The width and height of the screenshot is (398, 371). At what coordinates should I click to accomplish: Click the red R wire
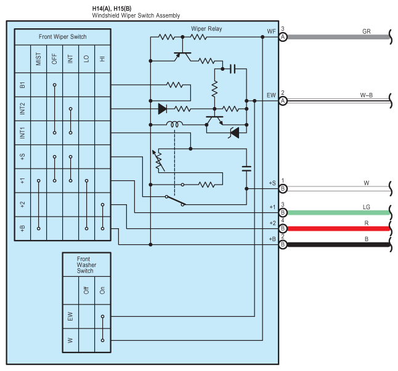(x=338, y=229)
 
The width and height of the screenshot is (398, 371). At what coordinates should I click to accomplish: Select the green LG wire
(x=338, y=213)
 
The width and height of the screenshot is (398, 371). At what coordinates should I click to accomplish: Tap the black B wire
(x=338, y=245)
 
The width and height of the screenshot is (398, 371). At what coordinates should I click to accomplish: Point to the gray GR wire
(x=338, y=38)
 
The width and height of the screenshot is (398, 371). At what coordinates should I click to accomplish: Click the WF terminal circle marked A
(x=283, y=38)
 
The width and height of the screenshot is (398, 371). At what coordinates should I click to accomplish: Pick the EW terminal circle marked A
(x=283, y=101)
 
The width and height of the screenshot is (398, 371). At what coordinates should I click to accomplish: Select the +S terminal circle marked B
(x=283, y=189)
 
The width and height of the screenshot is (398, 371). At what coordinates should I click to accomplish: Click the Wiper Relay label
(x=206, y=29)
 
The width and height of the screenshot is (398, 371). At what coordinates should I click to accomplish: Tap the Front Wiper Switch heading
(x=62, y=37)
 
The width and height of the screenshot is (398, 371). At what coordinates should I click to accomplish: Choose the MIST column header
(x=39, y=59)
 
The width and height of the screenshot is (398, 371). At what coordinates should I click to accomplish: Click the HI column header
(x=102, y=59)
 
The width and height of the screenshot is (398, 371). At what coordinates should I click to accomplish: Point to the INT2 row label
(x=23, y=109)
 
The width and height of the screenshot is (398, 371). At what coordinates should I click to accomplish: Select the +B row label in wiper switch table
(x=23, y=229)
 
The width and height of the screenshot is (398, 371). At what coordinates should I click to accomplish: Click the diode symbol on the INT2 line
(x=163, y=109)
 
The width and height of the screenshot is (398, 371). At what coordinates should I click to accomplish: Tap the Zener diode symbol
(x=234, y=133)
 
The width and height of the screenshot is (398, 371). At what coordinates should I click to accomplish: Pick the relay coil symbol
(x=174, y=124)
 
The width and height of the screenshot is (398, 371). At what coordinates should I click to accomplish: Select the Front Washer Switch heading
(x=86, y=265)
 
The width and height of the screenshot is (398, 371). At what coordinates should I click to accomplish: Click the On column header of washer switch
(x=102, y=290)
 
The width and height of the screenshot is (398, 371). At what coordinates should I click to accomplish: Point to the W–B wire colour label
(x=367, y=95)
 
